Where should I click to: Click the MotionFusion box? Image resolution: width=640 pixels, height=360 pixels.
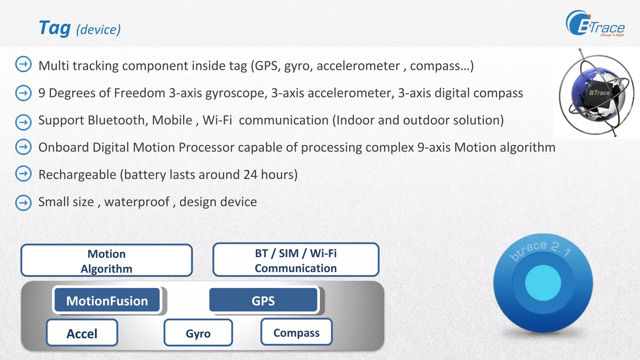click(107, 301)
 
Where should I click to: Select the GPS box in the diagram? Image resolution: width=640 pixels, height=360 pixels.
click(263, 301)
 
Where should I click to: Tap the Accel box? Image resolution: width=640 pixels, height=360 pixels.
click(82, 333)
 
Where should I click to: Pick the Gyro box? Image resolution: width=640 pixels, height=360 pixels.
click(198, 333)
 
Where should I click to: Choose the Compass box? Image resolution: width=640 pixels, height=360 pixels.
click(296, 332)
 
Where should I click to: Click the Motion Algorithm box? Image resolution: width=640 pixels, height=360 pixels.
click(107, 261)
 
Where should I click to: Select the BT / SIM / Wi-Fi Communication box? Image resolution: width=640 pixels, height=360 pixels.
click(296, 260)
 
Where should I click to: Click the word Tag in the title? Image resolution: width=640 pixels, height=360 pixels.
click(55, 28)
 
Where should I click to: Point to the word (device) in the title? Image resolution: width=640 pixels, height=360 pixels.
click(98, 30)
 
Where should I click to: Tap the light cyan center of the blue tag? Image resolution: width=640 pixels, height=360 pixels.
click(543, 282)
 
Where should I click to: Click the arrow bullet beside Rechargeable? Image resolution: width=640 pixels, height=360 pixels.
click(23, 174)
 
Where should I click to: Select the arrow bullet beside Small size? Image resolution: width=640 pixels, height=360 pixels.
click(23, 202)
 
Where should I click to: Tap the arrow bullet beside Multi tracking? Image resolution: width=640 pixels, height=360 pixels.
click(23, 64)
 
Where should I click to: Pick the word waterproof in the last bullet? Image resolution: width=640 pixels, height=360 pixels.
click(137, 202)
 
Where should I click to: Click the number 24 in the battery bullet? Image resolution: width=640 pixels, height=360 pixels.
click(250, 174)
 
